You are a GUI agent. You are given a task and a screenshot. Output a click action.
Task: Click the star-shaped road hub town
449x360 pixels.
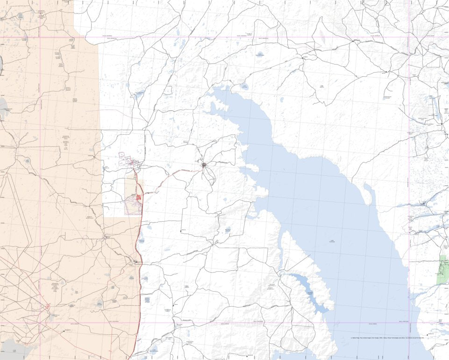click(x=204, y=165)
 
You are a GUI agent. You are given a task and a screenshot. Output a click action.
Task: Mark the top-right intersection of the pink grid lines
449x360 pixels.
click(x=409, y=37)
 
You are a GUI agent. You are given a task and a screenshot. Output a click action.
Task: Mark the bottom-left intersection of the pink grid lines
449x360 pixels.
click(x=40, y=323)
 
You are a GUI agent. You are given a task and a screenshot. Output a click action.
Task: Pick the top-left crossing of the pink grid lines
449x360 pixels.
click(x=40, y=37)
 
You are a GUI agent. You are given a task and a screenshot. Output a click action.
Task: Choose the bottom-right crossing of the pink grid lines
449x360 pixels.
click(x=409, y=323)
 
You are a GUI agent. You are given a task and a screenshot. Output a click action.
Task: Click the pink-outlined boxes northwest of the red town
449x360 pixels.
click(x=125, y=159)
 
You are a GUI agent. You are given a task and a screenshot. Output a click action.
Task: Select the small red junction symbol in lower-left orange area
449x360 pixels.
click(x=48, y=307)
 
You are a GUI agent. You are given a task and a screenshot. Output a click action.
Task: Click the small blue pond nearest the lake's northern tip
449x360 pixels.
click(x=245, y=86)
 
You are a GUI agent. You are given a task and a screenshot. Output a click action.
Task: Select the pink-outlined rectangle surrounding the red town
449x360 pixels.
click(x=133, y=205)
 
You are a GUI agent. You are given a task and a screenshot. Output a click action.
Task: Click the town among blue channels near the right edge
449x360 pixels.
click(x=423, y=204)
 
